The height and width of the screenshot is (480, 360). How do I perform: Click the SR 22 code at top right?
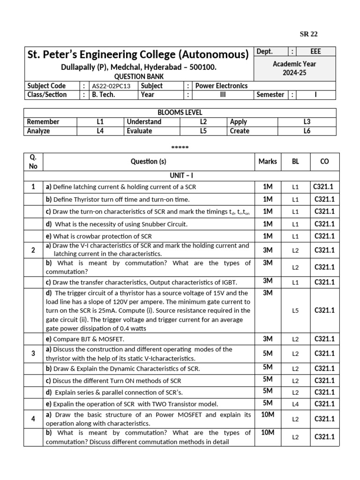coord(308,34)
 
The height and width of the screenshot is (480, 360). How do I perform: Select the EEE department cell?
coord(316,52)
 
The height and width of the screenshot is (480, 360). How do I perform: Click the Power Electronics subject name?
coord(221,86)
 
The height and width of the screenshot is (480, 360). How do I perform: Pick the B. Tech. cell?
coord(103,95)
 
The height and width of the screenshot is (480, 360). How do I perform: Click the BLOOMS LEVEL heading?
coord(180,112)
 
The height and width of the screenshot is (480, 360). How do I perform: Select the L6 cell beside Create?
coord(307,131)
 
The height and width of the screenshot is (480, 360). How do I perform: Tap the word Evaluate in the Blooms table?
coord(139,131)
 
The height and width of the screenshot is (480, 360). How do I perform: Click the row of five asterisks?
coord(180,147)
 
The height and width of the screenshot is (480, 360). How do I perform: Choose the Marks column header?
coord(268,161)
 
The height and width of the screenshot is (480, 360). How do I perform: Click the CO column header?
coord(324,161)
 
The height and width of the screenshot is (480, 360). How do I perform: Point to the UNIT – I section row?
coord(180,175)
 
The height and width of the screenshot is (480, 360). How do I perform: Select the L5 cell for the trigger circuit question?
coord(295,310)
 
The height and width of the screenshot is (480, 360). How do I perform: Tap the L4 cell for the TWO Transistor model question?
coord(295,404)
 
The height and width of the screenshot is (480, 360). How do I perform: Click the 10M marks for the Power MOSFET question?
coord(268,414)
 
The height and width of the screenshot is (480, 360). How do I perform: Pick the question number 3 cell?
coord(33,353)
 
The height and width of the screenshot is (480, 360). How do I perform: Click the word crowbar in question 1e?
coord(90,236)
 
